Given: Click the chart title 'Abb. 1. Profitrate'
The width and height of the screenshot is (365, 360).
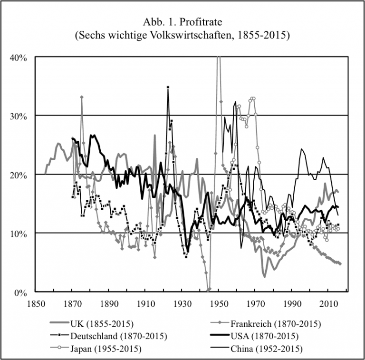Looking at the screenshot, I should tap(182, 22).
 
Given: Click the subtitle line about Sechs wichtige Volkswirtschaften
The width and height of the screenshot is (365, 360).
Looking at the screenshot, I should tap(182, 36).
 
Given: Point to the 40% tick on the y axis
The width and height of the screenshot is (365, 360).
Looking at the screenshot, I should tap(19, 57).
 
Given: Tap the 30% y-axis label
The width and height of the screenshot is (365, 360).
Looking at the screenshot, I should tap(19, 116).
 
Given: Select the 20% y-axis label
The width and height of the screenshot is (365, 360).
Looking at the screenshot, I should tap(19, 175).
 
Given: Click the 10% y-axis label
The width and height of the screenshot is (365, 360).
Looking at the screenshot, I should tap(19, 233).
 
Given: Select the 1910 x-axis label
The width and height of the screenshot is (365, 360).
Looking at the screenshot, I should tap(146, 303).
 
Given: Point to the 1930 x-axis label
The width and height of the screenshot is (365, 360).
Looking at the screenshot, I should tap(182, 303).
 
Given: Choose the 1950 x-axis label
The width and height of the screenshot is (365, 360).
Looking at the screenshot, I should tap(219, 303).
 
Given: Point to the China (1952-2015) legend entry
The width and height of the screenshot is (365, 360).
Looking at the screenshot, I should tap(266, 348).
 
